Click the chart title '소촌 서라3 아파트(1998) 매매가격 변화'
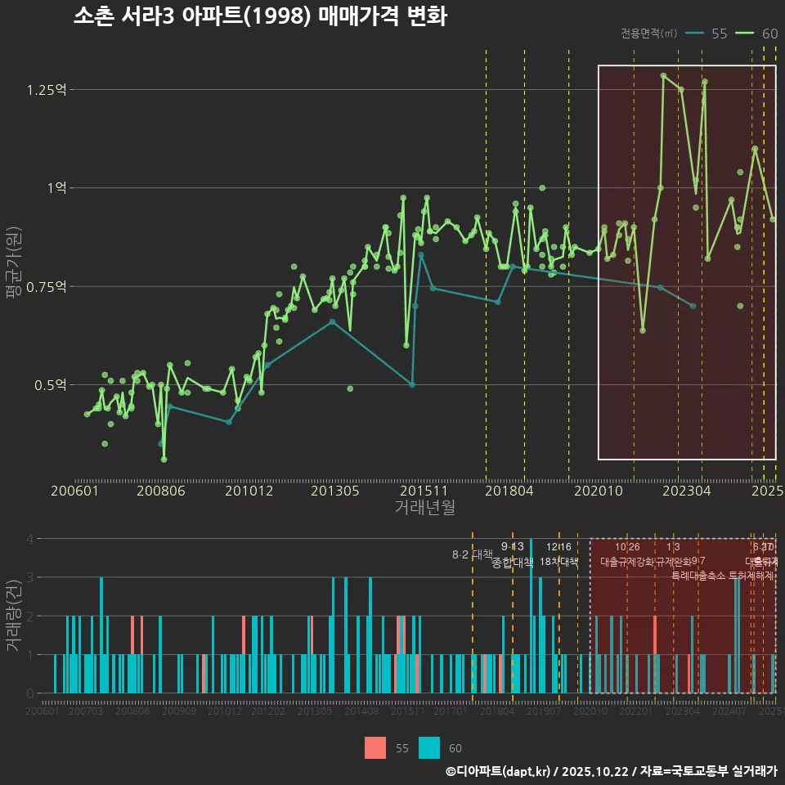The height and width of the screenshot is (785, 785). click(260, 17)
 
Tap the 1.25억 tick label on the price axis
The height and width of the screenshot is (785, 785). click(47, 89)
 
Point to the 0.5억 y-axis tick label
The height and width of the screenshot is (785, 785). click(50, 384)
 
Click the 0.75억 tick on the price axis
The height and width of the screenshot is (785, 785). click(47, 286)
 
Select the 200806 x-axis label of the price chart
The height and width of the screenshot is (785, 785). click(160, 491)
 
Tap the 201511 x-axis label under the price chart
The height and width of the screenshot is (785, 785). click(424, 491)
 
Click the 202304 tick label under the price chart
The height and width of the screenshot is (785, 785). click(685, 491)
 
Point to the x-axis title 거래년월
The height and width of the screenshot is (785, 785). click(424, 507)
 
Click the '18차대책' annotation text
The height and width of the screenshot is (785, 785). click(559, 562)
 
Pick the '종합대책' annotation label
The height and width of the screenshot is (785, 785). click(513, 562)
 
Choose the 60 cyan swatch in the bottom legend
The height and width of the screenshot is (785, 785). click(429, 747)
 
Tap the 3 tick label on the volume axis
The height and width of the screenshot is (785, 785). click(29, 577)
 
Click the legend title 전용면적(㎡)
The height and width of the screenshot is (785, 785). click(648, 34)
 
